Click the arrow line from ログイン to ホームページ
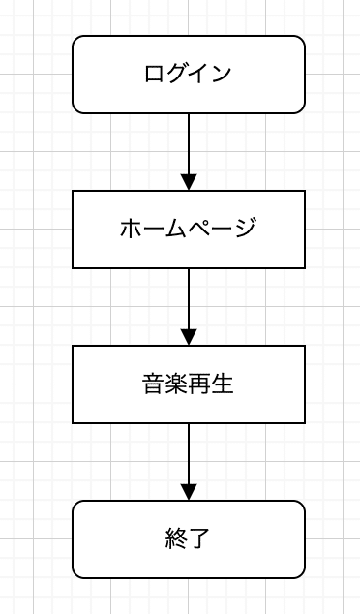189,142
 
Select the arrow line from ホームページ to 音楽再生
189,297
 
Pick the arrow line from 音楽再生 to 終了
189,452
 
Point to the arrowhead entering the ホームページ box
189,182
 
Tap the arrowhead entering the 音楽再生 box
189,337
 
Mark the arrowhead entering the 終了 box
189,492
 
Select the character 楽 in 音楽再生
177,384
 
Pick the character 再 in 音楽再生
200,384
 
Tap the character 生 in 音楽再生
224,384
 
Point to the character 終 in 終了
177,539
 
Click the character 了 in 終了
200,539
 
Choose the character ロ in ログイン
154,75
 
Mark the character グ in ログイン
177,75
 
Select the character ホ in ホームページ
131,230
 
